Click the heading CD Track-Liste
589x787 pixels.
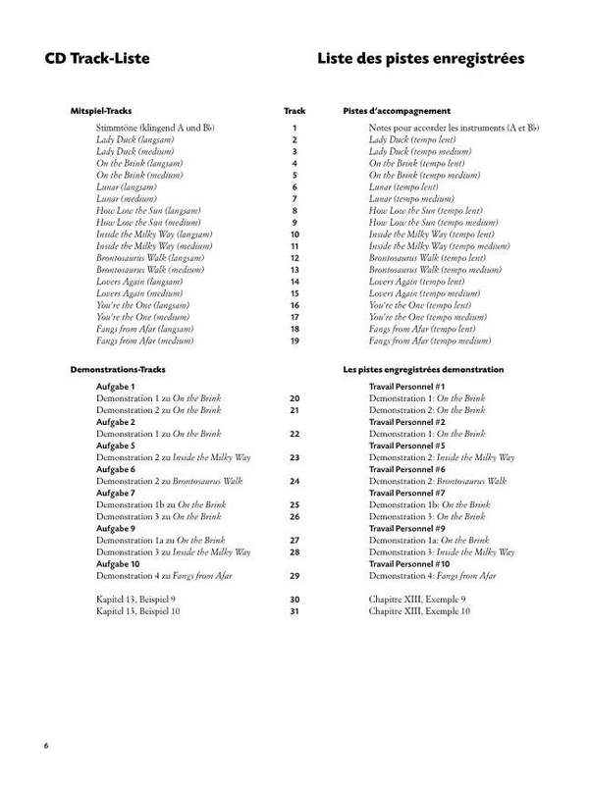click(x=96, y=60)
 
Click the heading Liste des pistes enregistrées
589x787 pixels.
click(x=420, y=60)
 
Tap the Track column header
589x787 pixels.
click(x=294, y=111)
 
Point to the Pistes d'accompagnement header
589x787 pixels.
click(x=397, y=111)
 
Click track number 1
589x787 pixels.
click(x=294, y=130)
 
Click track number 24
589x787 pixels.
click(x=294, y=482)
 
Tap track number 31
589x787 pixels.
click(x=294, y=610)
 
